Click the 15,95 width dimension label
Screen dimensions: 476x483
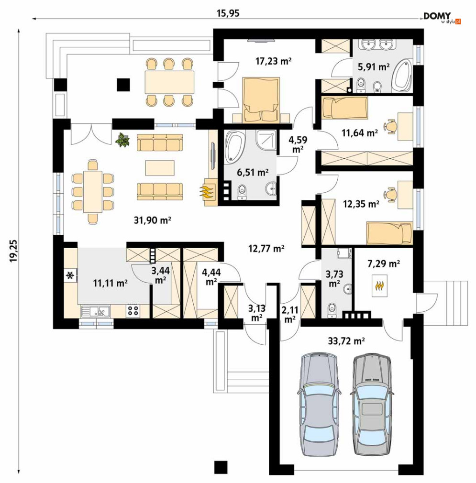pos(228,13)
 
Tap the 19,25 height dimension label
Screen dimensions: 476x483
pos(14,251)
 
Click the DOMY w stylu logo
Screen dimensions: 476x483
pos(442,18)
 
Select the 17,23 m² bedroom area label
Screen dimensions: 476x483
pos(273,61)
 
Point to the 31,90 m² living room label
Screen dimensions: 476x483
pos(153,220)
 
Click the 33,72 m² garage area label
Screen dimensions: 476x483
pos(346,340)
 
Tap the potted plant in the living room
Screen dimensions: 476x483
pos(122,140)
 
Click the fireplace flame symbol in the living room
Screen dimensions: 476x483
pos(207,192)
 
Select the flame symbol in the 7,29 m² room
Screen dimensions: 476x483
pos(380,286)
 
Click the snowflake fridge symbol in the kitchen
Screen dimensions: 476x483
pos(70,275)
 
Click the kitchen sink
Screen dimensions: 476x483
pos(96,311)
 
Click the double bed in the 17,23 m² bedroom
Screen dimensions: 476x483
pos(261,100)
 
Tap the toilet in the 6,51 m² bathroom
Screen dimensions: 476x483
pos(242,193)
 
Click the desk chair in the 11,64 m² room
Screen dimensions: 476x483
pos(390,126)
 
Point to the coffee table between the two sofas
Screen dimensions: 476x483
pos(160,168)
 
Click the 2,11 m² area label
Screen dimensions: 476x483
pos(289,315)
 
